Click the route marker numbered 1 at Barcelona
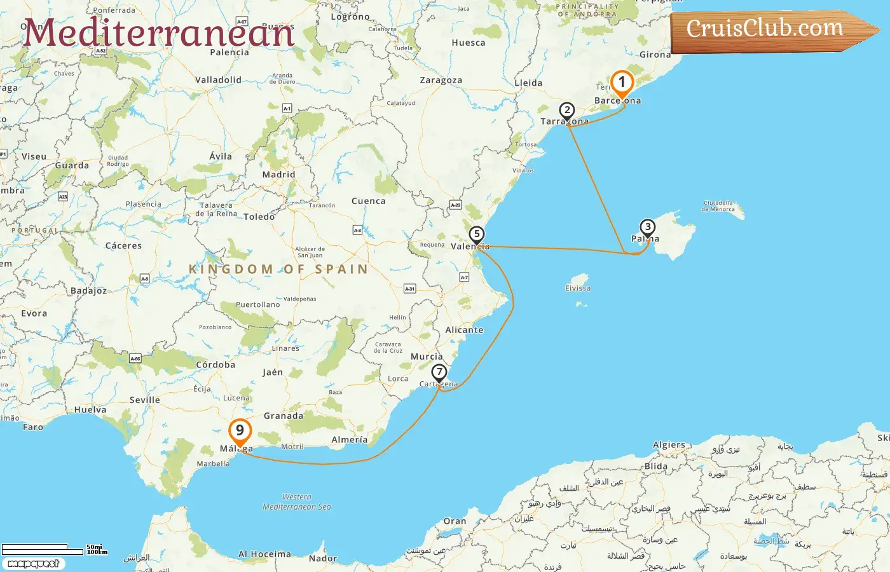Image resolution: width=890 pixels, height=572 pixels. tap(622, 83)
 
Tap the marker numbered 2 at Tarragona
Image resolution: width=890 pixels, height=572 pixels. tap(567, 111)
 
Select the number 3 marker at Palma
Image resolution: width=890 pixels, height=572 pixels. tap(647, 228)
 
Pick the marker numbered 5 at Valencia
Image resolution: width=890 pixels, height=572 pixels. tap(477, 235)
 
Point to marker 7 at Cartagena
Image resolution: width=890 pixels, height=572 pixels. tap(439, 373)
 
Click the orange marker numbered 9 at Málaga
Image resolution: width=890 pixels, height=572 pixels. tap(240, 431)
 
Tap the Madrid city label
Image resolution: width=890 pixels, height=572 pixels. tap(278, 175)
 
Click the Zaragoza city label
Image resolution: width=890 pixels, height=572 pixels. tap(441, 81)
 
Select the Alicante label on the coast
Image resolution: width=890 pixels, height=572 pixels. tap(464, 330)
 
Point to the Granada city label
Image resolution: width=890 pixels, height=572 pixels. tap(284, 416)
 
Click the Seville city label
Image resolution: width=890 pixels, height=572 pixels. tap(144, 400)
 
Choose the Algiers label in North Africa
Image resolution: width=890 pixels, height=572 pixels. tap(669, 446)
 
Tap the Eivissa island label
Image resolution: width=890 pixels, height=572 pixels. tap(578, 289)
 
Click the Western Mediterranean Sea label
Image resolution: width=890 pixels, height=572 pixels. tap(297, 502)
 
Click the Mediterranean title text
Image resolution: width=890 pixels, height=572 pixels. tap(159, 33)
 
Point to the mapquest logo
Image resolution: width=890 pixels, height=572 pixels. tap(33, 564)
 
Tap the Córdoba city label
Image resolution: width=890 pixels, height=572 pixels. tap(216, 365)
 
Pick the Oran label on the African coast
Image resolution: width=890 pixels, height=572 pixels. tap(455, 522)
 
